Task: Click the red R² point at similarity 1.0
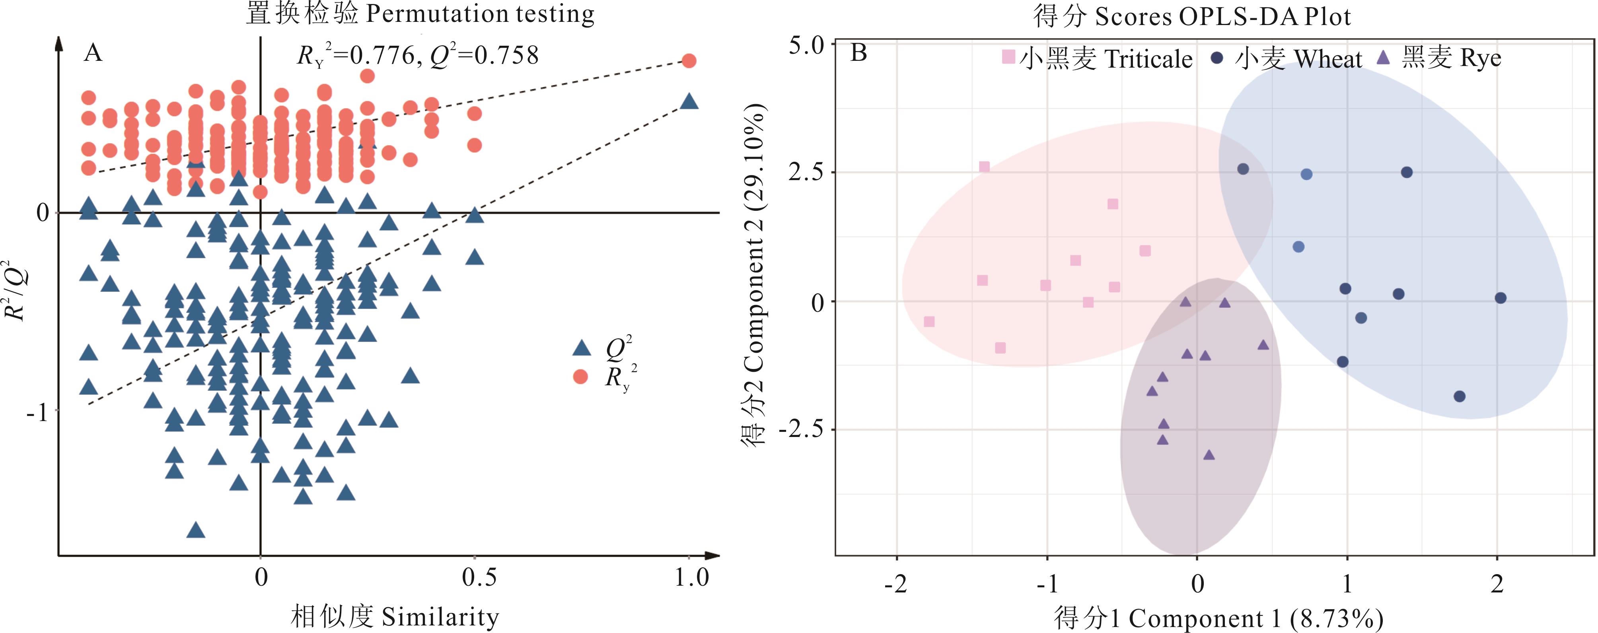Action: pyautogui.click(x=689, y=61)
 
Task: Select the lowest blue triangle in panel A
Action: pyautogui.click(x=196, y=530)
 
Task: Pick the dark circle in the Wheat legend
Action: pyautogui.click(x=1217, y=58)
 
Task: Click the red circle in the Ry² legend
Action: pyautogui.click(x=581, y=376)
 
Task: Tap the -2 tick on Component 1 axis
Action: pyautogui.click(x=896, y=583)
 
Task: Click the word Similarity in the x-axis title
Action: pyautogui.click(x=440, y=617)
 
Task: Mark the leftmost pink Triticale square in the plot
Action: pyautogui.click(x=928, y=322)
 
